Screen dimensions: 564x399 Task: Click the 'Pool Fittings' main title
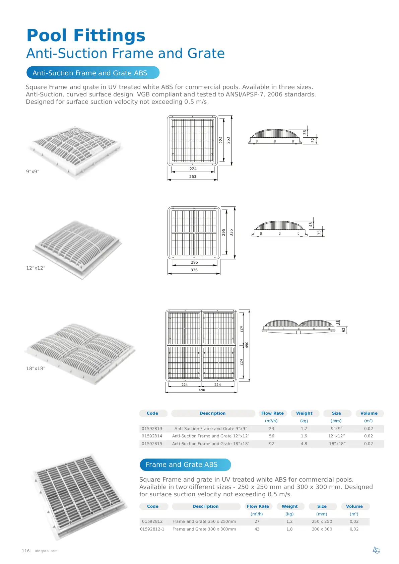click(86, 36)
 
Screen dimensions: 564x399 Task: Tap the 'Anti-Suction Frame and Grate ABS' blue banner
click(93, 73)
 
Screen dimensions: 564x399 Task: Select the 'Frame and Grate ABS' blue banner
click(185, 465)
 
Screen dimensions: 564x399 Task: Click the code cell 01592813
click(152, 428)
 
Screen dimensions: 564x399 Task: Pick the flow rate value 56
click(271, 436)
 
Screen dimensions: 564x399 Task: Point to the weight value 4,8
click(304, 443)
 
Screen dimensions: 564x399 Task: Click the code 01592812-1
click(152, 529)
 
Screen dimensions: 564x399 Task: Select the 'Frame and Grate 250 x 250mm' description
click(204, 521)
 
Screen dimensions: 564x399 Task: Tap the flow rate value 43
click(257, 529)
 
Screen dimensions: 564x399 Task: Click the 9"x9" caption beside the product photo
click(33, 171)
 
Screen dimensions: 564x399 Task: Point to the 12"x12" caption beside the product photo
click(36, 268)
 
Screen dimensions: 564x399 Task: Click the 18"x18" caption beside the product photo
click(36, 368)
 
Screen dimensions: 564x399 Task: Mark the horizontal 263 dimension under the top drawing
click(193, 177)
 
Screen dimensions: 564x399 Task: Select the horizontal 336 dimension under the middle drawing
click(194, 270)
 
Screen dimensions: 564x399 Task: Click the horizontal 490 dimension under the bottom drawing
click(202, 390)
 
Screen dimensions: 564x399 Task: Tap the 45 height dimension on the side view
click(311, 224)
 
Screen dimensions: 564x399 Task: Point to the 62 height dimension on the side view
click(343, 330)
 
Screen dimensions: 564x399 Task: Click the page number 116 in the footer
click(25, 551)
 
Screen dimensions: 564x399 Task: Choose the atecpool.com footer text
click(46, 551)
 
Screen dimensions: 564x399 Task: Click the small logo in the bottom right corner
click(376, 550)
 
